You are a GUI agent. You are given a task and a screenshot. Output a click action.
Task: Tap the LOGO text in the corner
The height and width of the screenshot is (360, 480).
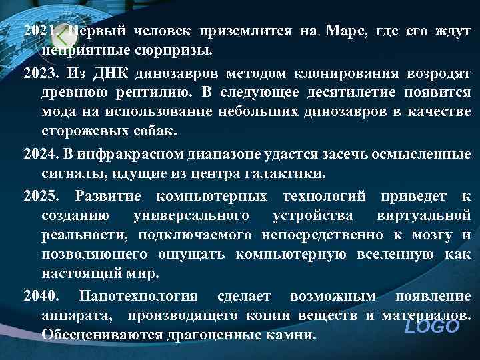point(433,327)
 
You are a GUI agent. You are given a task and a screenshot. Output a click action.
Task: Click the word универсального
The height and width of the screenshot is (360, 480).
point(192,216)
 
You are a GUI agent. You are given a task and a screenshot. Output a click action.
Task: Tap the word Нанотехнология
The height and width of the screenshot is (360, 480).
point(139,296)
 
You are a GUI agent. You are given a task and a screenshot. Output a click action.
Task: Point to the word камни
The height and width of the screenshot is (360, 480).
point(291,333)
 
